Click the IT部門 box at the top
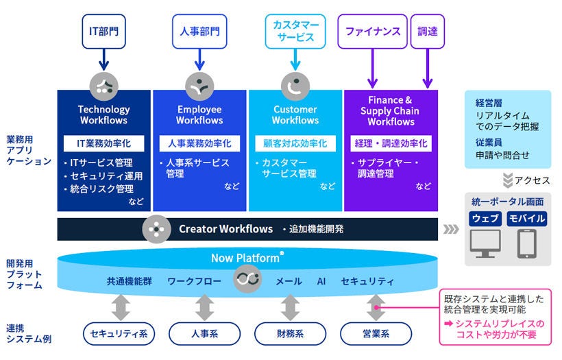coord(104,32)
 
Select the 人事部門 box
coord(199,32)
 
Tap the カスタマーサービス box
coord(295,32)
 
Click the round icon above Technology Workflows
coord(104,86)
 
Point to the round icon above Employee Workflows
coord(199,86)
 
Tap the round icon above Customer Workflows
coord(295,86)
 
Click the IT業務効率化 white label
coord(103,144)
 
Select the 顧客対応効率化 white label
coord(295,144)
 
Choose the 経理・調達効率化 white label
coord(391,144)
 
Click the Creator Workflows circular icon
coord(156,229)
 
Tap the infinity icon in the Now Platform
coord(247,279)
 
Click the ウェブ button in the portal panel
coord(487,219)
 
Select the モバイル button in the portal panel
coord(526,219)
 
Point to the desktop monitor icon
coord(487,243)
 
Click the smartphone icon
coord(526,243)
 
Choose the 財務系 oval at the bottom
coord(290,334)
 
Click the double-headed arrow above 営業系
coord(376,307)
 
